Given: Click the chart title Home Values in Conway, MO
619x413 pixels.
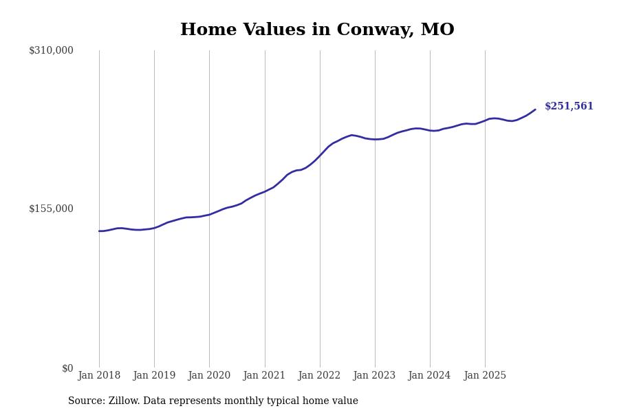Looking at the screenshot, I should click(317, 30).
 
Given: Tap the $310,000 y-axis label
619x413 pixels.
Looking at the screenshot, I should click(51, 50).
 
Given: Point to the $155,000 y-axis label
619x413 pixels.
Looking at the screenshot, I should click(51, 209).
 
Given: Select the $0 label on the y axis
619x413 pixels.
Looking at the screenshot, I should click(67, 368).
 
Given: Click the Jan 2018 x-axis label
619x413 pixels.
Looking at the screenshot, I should click(99, 376).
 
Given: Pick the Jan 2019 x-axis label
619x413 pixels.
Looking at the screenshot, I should click(154, 376).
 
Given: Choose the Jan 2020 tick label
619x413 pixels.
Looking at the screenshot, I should click(209, 376).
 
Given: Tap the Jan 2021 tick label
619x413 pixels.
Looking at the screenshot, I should click(264, 376).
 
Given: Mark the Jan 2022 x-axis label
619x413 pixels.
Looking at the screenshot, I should click(319, 376).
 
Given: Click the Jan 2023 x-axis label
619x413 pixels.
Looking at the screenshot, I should click(374, 376).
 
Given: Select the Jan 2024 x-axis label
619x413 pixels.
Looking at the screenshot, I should click(429, 376).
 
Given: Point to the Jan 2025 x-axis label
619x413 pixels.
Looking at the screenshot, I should click(485, 376).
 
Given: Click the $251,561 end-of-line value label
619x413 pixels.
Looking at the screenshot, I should click(569, 107).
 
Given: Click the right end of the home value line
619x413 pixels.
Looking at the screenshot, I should click(535, 109).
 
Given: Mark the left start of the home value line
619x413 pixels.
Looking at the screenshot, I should click(99, 231).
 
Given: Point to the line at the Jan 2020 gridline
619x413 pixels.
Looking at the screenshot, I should click(209, 215).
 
